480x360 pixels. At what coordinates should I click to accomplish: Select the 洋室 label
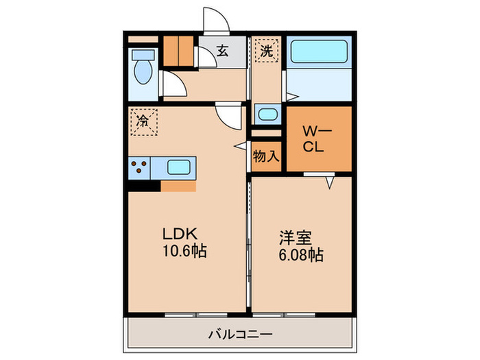[x=295, y=239]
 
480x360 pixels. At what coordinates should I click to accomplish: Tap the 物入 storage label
[x=266, y=156]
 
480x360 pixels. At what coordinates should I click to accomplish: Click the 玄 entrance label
[x=223, y=49]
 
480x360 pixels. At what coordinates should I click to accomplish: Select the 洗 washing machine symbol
[x=266, y=49]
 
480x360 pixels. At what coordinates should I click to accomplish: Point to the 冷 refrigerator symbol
[x=144, y=123]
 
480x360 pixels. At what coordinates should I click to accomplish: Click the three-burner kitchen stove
[x=139, y=167]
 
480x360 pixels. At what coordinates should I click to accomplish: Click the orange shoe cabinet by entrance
[x=178, y=49]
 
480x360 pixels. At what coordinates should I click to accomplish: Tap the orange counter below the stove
[x=178, y=185]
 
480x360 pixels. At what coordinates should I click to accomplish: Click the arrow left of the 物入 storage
[x=241, y=145]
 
